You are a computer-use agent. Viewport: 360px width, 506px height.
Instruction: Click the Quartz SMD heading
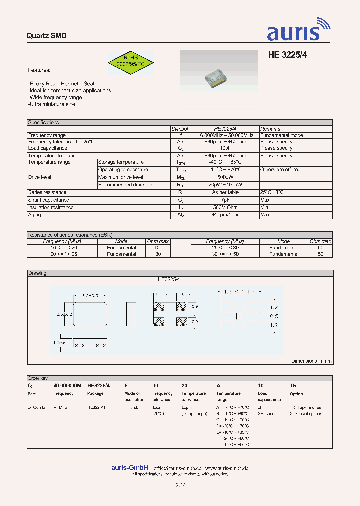(46, 36)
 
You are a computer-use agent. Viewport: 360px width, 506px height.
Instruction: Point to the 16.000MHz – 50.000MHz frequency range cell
(225, 135)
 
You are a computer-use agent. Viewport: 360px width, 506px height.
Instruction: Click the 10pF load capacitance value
(225, 148)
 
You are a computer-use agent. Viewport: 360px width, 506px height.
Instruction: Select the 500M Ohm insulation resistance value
(225, 207)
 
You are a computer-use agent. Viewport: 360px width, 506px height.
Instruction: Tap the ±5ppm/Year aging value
(225, 215)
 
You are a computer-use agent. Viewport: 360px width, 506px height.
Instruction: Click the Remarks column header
(270, 129)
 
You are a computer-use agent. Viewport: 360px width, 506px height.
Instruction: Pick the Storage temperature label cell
(121, 162)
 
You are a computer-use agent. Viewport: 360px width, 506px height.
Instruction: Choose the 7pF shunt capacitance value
(225, 200)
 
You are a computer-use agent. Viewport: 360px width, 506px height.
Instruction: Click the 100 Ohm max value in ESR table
(158, 248)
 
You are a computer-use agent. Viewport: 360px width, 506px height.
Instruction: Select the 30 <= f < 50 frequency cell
(225, 254)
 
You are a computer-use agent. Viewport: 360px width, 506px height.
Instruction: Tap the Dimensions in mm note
(311, 361)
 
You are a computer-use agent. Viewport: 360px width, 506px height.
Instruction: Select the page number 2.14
(180, 485)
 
